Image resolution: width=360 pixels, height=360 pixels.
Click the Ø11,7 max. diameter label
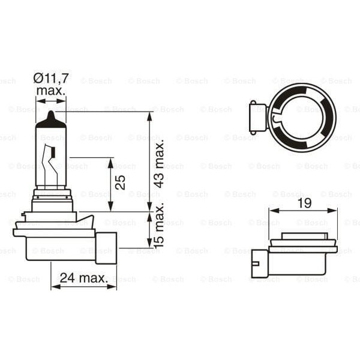(52, 84)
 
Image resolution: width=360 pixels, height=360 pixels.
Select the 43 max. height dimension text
(159, 164)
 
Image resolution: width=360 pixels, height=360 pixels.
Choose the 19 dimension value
(304, 203)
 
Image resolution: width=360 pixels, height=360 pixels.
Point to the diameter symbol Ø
(37, 77)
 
